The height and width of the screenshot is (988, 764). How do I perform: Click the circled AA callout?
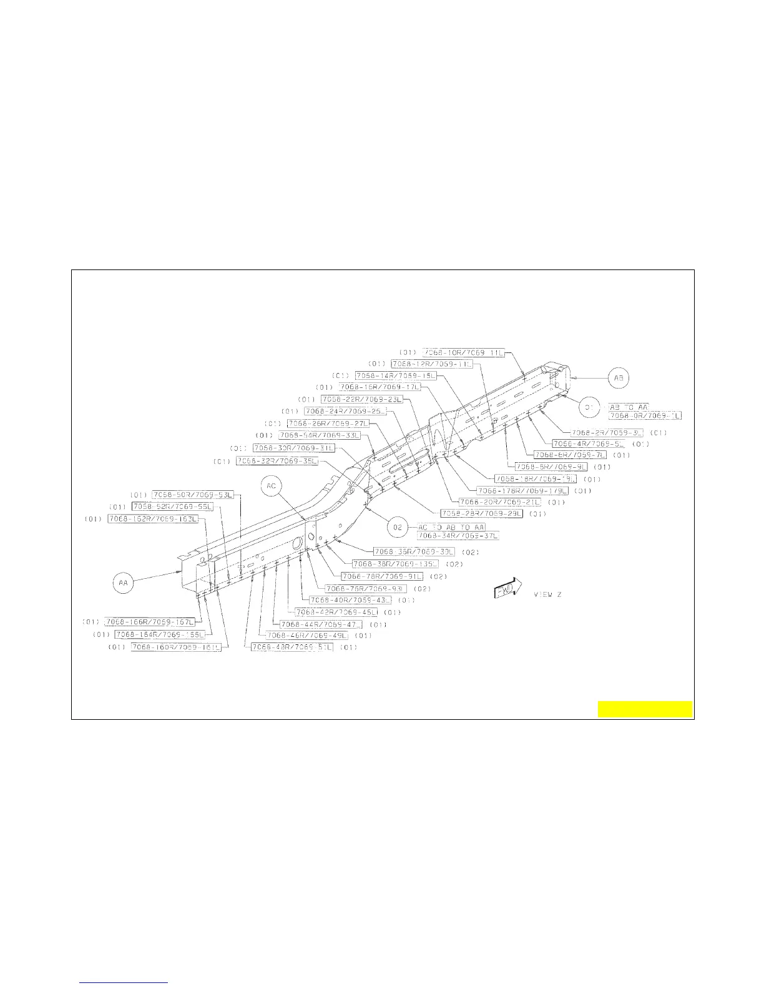click(x=123, y=583)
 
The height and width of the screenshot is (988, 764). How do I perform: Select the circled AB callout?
click(x=619, y=378)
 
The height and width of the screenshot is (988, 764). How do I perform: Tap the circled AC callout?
click(x=272, y=487)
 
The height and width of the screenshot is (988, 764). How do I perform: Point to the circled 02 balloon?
click(x=398, y=527)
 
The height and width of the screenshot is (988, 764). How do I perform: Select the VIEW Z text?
click(x=547, y=594)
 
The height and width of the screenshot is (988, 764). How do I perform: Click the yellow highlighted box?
click(x=645, y=709)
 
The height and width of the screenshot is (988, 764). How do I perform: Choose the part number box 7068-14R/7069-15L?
click(x=396, y=375)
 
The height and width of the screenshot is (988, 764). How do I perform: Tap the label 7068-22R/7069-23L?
click(x=362, y=399)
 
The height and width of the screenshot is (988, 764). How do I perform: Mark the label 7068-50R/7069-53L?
click(x=193, y=495)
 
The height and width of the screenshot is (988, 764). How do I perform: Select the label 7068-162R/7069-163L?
click(x=154, y=519)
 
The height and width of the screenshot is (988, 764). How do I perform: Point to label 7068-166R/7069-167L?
click(x=150, y=622)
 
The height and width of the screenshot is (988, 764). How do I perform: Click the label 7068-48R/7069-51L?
click(x=292, y=647)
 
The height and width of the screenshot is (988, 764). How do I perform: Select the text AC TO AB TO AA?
click(x=451, y=528)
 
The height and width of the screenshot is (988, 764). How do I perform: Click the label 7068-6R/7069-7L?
click(x=570, y=455)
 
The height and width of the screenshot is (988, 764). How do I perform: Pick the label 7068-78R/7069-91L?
click(x=382, y=576)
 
